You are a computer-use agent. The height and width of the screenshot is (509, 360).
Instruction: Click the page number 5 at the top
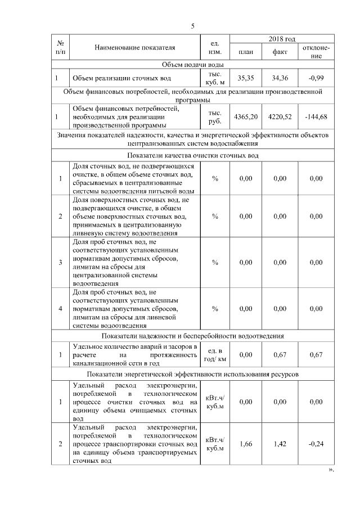tap(192, 26)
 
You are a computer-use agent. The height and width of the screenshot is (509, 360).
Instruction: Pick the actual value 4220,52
tap(280, 116)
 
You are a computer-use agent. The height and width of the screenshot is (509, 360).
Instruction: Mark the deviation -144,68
tap(316, 116)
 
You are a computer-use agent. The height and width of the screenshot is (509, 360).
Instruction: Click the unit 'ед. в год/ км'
tap(215, 355)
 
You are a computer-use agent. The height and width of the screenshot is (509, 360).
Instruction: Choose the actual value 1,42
tap(280, 444)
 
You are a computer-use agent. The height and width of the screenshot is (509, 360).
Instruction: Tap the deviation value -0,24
tap(316, 444)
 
